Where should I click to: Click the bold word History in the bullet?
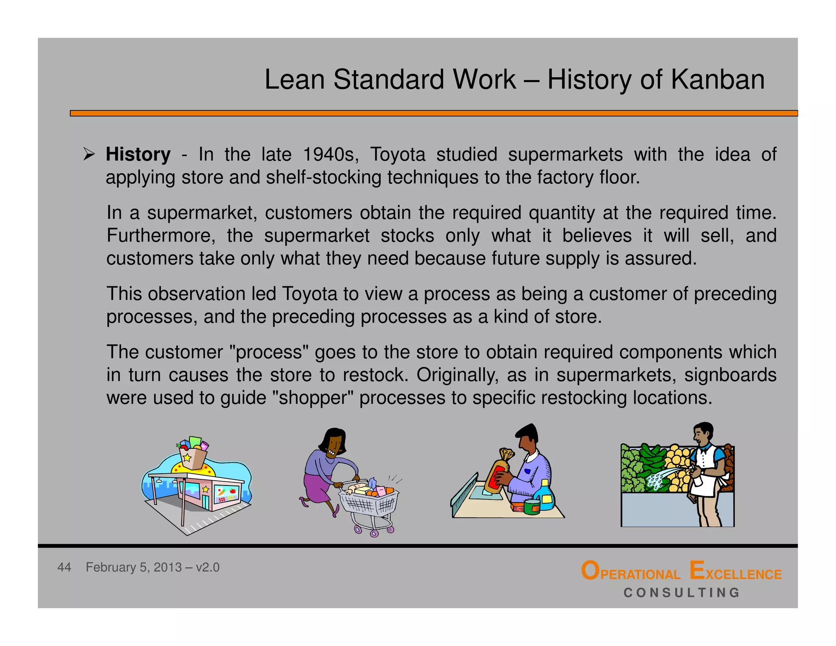pos(138,155)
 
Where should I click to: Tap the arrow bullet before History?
pos(89,154)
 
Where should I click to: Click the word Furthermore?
pos(161,236)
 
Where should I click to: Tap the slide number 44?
pos(64,567)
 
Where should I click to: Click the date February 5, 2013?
pos(133,567)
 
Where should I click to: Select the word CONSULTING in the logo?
pos(681,593)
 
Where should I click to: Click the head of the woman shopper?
pos(334,443)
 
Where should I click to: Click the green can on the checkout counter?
pos(532,508)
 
